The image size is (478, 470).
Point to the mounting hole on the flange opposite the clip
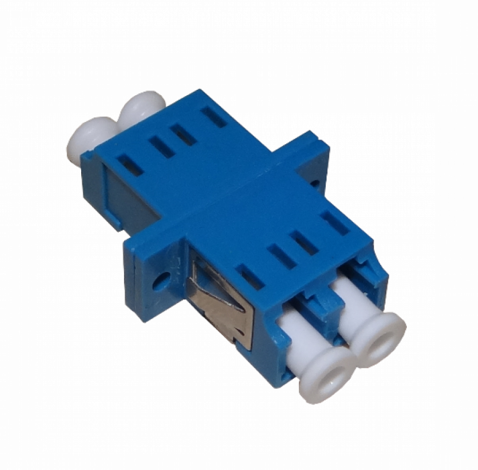point(316,180)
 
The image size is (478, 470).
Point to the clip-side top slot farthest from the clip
point(334,222)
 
